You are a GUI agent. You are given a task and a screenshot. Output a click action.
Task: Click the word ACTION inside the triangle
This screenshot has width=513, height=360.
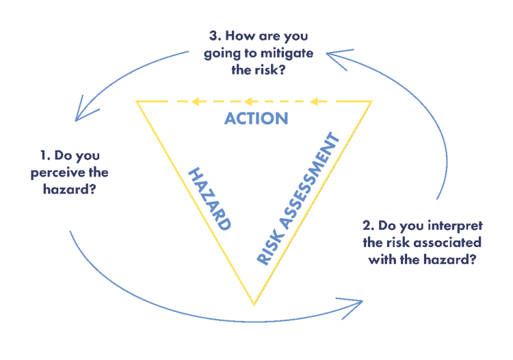256,118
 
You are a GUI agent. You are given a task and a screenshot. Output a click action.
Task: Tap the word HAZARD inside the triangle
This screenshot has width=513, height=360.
209,198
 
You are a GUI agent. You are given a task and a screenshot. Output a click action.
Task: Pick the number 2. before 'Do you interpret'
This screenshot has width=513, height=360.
368,225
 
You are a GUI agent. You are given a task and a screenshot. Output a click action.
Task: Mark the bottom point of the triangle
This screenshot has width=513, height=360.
254,304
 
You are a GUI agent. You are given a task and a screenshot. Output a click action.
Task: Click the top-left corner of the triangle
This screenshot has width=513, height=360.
136,102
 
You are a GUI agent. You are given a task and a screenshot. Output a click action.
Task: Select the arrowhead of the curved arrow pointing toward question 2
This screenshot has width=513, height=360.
358,302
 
